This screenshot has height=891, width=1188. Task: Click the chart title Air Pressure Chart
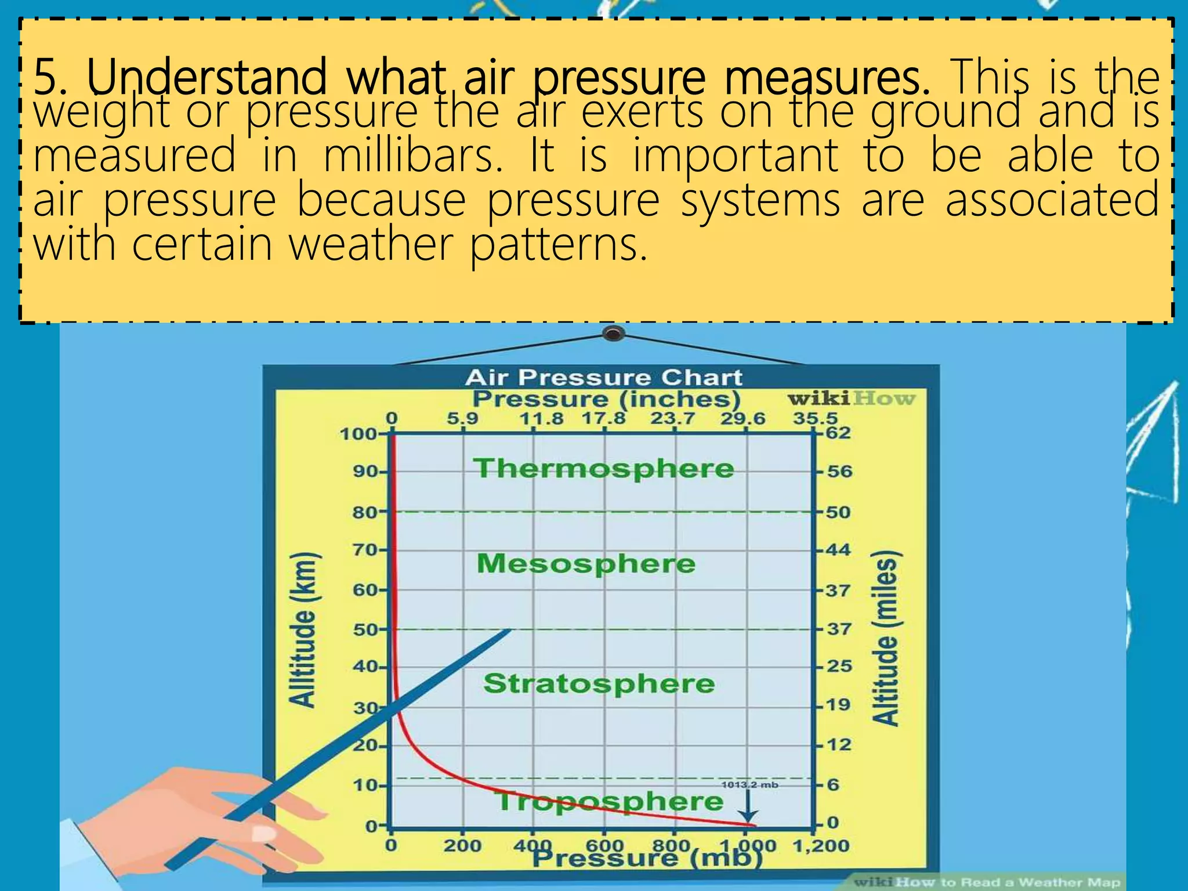click(603, 378)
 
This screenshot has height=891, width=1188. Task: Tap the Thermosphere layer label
click(604, 468)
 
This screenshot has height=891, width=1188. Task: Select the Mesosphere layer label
click(586, 563)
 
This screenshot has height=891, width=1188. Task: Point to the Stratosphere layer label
click(599, 683)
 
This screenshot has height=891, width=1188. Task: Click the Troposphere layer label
click(610, 802)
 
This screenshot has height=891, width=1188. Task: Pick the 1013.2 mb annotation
click(749, 785)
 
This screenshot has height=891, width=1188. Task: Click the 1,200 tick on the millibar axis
click(820, 846)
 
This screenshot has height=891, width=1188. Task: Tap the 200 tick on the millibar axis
click(462, 846)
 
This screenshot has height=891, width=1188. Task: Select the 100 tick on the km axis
click(358, 434)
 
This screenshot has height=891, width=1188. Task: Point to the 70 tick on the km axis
click(365, 549)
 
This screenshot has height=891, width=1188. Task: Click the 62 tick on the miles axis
click(838, 433)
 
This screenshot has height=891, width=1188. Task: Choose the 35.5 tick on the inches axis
click(815, 418)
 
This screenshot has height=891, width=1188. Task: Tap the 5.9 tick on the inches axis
click(462, 418)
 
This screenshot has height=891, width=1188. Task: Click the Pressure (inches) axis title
click(606, 399)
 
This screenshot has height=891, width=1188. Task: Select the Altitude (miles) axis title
click(885, 638)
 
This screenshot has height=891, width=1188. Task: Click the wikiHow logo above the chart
click(850, 399)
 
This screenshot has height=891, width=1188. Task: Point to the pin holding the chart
click(613, 334)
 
